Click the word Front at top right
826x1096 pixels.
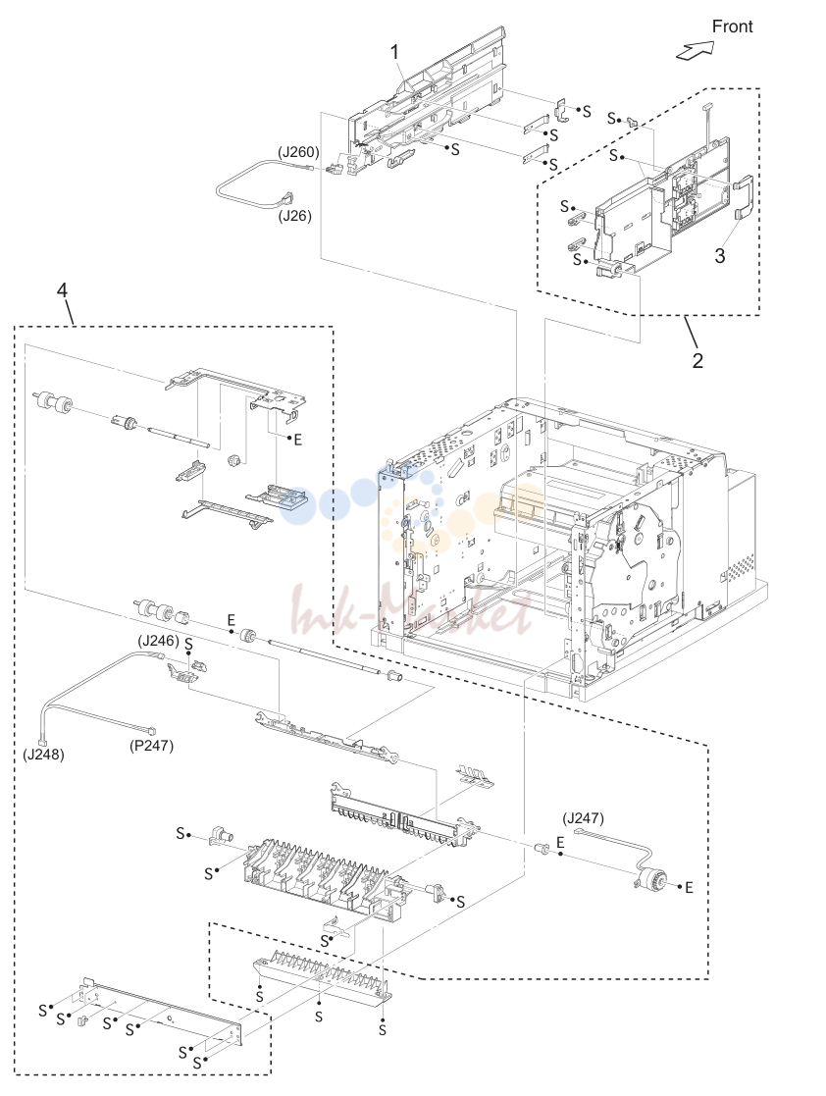click(x=732, y=26)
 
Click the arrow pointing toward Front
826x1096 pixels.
click(x=696, y=50)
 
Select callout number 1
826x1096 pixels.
click(x=394, y=52)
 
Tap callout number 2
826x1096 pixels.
click(x=697, y=361)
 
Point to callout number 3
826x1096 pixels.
click(x=720, y=256)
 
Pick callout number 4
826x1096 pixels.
click(x=62, y=289)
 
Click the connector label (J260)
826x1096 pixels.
click(x=298, y=152)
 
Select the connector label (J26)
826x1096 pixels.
click(x=295, y=216)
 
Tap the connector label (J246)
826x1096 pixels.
click(x=159, y=640)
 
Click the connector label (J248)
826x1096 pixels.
click(x=43, y=755)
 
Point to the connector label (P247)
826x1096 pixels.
click(x=152, y=746)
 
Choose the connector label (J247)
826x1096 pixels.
click(x=583, y=817)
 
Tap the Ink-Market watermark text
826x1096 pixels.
click(x=412, y=611)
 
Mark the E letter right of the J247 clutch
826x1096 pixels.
click(x=689, y=887)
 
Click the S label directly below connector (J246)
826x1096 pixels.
click(x=188, y=643)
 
